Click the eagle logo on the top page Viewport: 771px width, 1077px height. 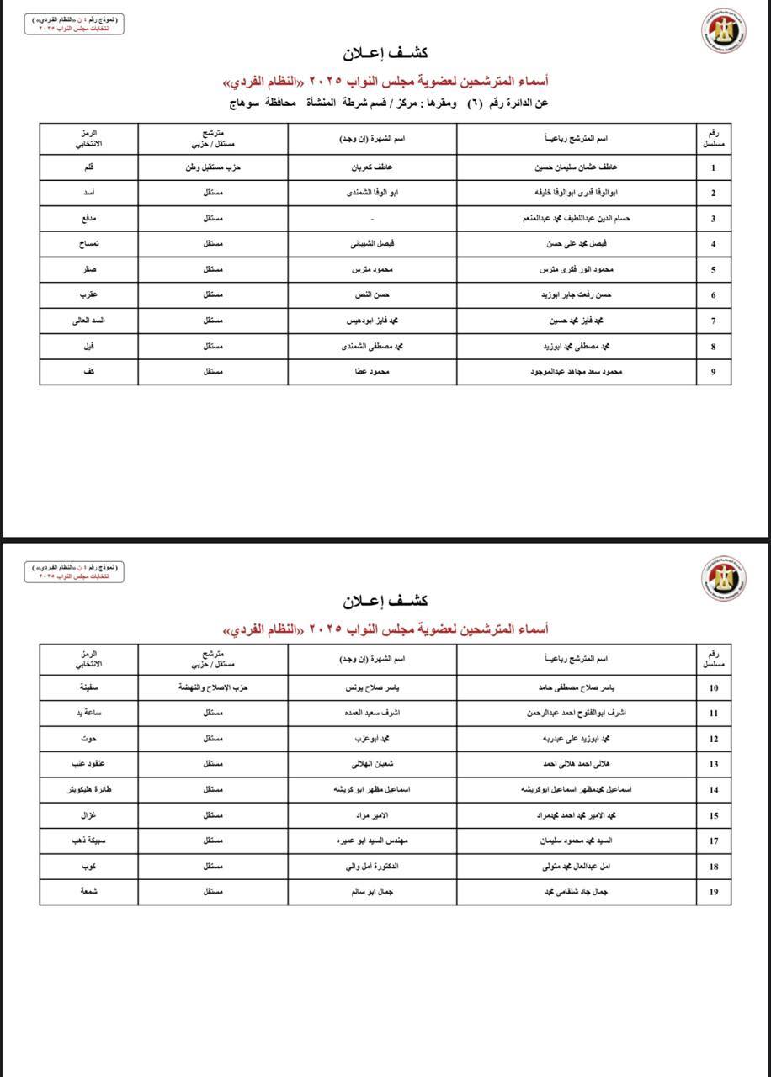point(724,31)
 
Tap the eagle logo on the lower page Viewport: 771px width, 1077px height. point(724,578)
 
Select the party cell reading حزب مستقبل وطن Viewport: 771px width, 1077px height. point(213,167)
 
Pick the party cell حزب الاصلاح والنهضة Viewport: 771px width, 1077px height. point(213,687)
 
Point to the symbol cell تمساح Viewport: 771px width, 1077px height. point(88,244)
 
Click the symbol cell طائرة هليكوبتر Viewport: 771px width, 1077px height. point(88,790)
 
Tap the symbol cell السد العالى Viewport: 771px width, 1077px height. point(88,321)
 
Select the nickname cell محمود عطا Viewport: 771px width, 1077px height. point(372,371)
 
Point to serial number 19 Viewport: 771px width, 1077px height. point(714,892)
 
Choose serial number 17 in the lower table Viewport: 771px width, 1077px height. point(714,841)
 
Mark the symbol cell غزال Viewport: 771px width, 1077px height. point(88,815)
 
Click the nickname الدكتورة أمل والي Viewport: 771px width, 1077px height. point(372,867)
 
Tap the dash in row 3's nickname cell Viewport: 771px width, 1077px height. point(372,219)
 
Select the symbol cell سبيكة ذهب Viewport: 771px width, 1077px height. point(88,841)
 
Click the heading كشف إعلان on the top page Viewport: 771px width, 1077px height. point(385,53)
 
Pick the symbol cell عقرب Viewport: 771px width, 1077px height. point(88,295)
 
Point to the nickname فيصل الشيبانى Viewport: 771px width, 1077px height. point(372,244)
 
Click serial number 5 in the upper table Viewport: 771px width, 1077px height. point(714,270)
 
